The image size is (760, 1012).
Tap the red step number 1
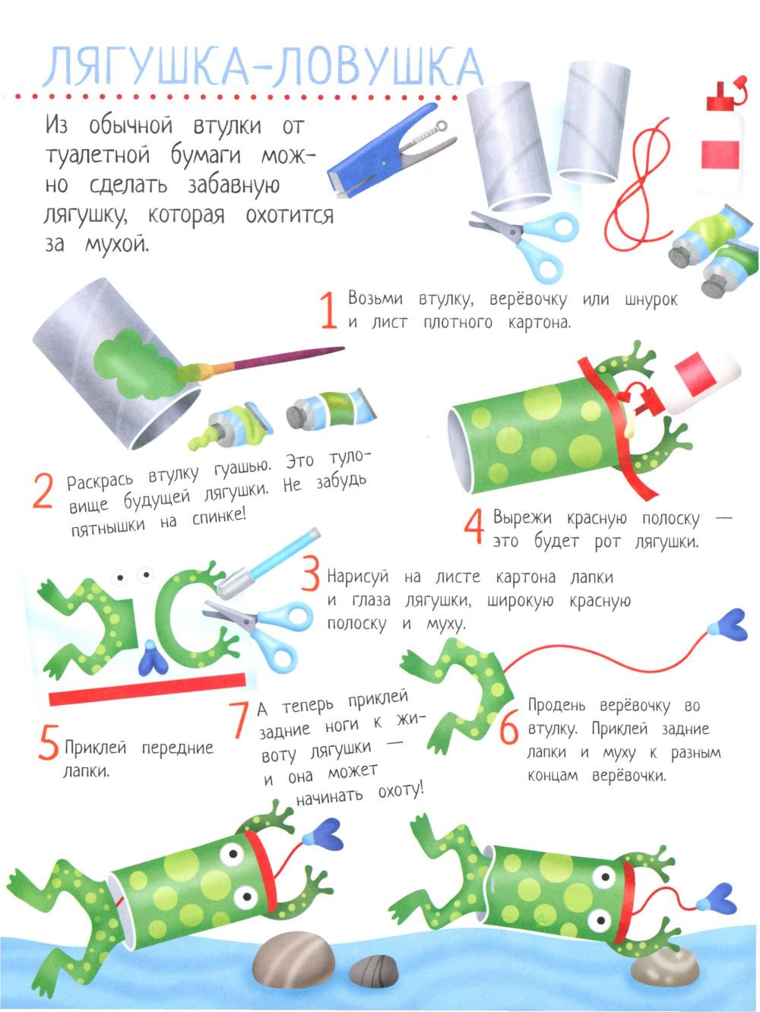click(329, 310)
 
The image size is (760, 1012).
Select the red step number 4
click(474, 526)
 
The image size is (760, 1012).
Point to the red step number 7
click(239, 719)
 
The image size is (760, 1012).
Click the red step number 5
click(48, 742)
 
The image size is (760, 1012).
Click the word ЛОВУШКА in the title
click(377, 68)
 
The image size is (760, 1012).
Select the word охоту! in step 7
click(401, 791)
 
